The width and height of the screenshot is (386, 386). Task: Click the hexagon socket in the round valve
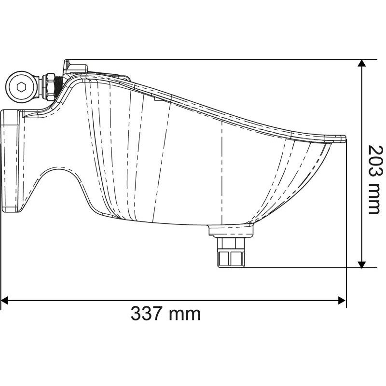click(21, 87)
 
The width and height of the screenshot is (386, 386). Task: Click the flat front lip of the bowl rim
click(338, 138)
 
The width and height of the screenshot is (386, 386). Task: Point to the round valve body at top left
click(21, 87)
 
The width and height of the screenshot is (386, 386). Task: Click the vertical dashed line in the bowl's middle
click(221, 169)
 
